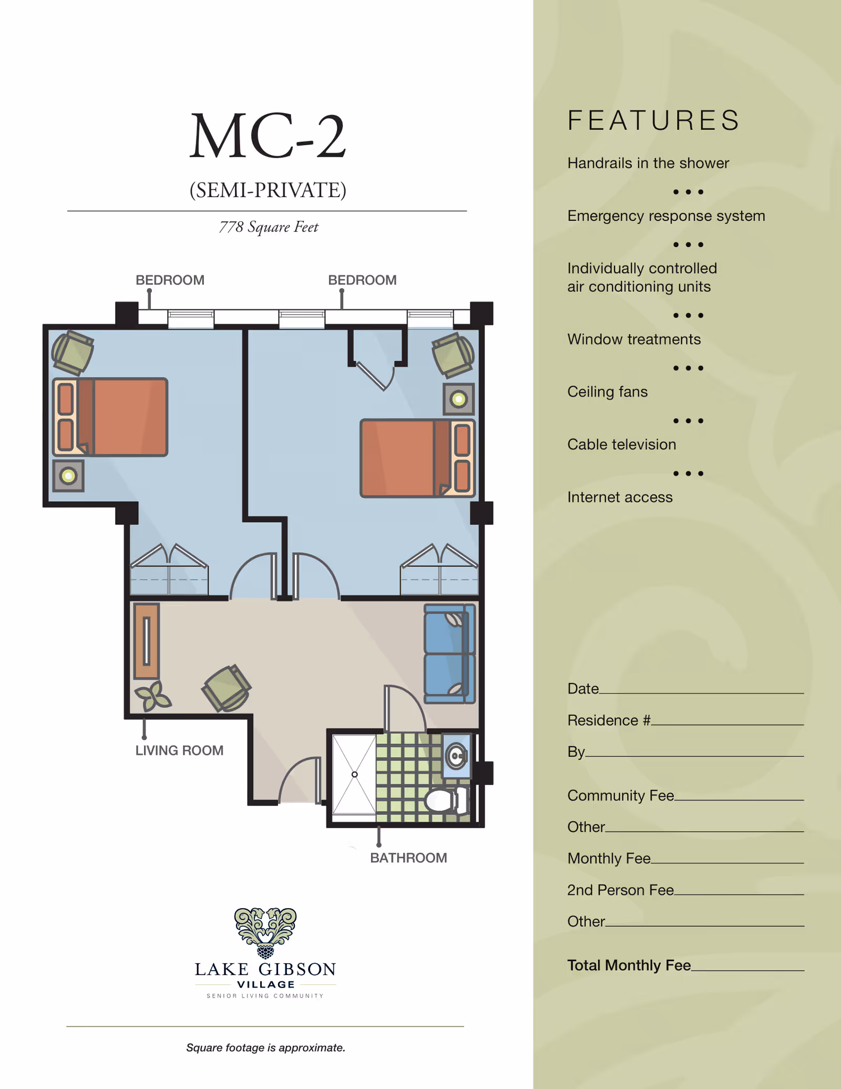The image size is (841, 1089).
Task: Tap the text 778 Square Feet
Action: (269, 227)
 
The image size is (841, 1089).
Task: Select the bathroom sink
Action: (456, 756)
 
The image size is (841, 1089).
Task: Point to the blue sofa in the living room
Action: (450, 654)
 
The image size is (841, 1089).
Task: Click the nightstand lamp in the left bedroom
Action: (68, 476)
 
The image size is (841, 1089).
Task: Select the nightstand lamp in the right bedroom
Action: (459, 399)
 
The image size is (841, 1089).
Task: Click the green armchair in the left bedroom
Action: (73, 352)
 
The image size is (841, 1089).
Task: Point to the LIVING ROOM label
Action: (179, 750)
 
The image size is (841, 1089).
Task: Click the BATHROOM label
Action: (408, 858)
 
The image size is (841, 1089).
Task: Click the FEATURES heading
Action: (654, 120)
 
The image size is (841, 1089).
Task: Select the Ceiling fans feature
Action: (608, 392)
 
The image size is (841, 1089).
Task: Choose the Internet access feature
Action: (620, 497)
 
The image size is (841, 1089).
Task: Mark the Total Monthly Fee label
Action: (629, 965)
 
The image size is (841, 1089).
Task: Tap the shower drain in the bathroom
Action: (355, 775)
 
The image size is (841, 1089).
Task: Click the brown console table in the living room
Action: (147, 641)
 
